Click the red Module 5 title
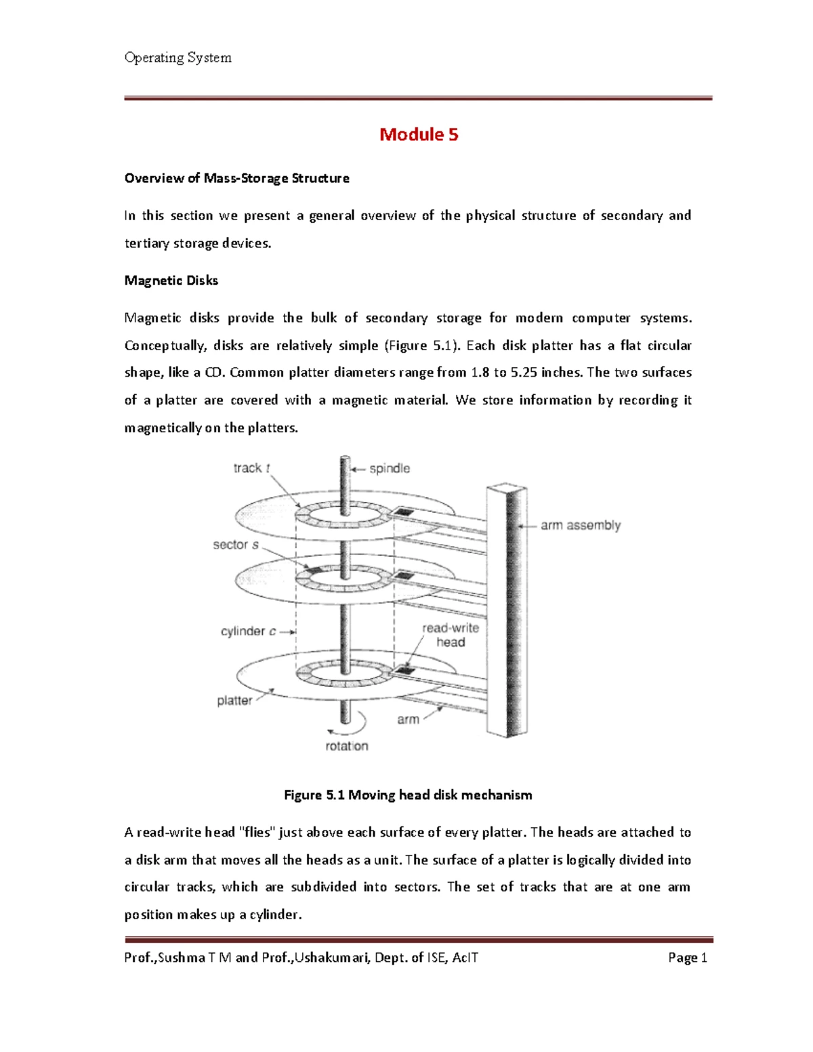point(419,134)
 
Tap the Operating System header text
point(178,58)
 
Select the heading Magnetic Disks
point(171,280)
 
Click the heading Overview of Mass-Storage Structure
point(236,178)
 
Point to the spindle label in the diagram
point(389,468)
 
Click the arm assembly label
point(580,525)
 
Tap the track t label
point(251,468)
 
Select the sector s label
point(235,545)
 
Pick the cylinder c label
point(248,631)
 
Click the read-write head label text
point(451,635)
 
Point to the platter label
point(234,700)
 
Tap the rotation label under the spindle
point(346,746)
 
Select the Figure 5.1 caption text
point(408,795)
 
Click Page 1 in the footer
point(687,957)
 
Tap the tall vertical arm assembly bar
point(507,610)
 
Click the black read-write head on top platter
point(404,512)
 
